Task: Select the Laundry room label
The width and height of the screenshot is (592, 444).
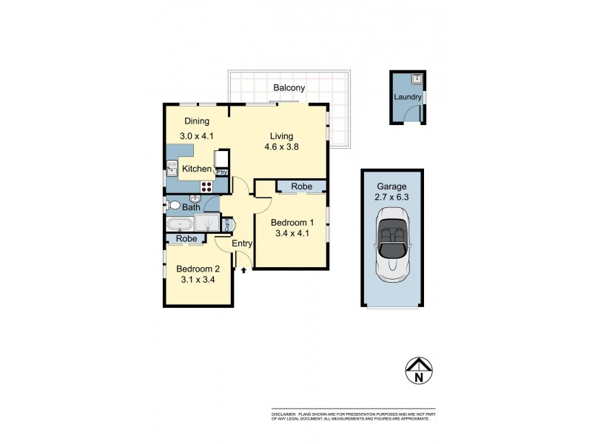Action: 408,97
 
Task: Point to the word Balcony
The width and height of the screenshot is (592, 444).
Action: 289,88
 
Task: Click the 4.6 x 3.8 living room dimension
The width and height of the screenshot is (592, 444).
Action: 281,147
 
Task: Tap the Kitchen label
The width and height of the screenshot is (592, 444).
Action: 197,169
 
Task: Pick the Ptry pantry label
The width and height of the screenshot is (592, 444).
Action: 221,172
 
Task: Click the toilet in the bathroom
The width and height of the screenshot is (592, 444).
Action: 174,205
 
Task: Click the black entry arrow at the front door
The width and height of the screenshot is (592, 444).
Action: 243,271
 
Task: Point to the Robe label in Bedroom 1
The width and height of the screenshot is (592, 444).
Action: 301,186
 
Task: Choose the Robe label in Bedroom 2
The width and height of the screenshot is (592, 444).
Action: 186,239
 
